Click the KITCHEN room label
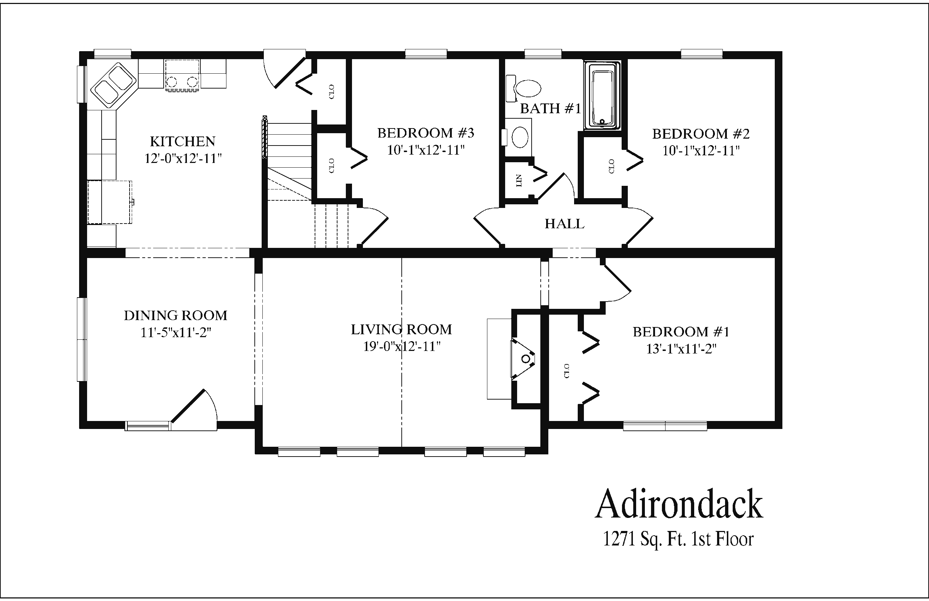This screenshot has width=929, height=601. [x=183, y=141]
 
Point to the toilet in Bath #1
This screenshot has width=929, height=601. [x=524, y=88]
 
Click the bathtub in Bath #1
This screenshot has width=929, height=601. [x=602, y=95]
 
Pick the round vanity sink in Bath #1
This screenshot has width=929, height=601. [x=519, y=137]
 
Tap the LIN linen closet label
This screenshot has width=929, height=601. [x=519, y=181]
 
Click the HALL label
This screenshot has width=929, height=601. [x=565, y=224]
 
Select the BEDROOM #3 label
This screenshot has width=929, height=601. [x=426, y=133]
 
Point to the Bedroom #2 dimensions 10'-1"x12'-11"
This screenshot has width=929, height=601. [x=701, y=151]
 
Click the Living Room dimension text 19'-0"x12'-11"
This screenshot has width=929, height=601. [x=402, y=346]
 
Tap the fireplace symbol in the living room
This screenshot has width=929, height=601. [x=523, y=359]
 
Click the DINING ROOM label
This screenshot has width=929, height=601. [x=176, y=315]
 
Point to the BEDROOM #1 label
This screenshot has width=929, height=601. [x=681, y=332]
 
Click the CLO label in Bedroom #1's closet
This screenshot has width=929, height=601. [x=566, y=371]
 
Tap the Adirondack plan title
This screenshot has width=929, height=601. [x=679, y=504]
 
